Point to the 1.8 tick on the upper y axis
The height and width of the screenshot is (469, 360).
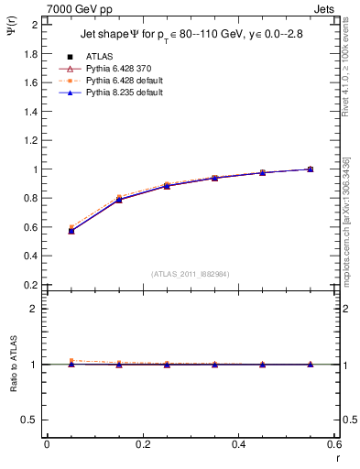tap(30, 53)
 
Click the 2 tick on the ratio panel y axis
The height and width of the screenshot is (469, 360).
tap(35, 309)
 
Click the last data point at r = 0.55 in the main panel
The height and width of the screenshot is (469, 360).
tap(311, 169)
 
